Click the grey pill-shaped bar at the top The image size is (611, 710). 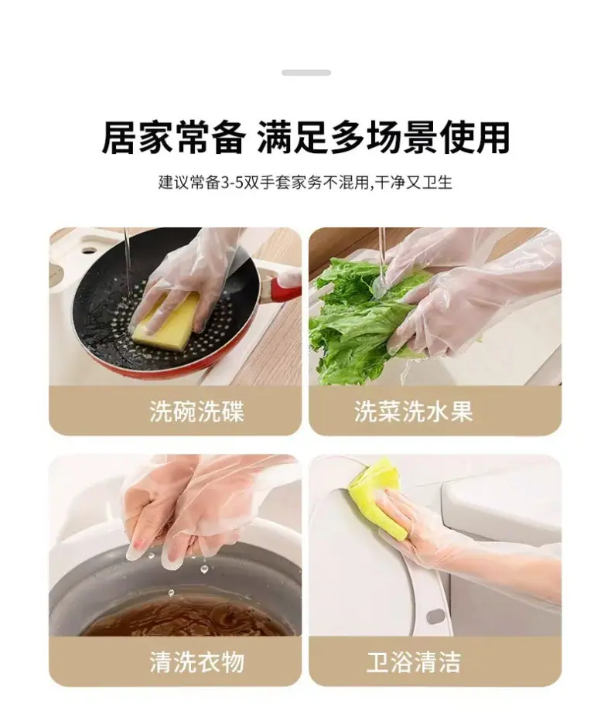(306, 73)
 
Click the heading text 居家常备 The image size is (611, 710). (173, 138)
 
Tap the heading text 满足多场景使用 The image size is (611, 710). (384, 138)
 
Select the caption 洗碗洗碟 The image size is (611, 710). (197, 411)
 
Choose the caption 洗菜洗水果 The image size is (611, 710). (414, 411)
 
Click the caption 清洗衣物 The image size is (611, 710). (197, 661)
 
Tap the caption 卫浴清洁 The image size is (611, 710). (414, 661)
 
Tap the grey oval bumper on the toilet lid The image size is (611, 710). (435, 616)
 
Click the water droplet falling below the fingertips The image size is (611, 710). (204, 569)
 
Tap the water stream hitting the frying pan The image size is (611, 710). (128, 263)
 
